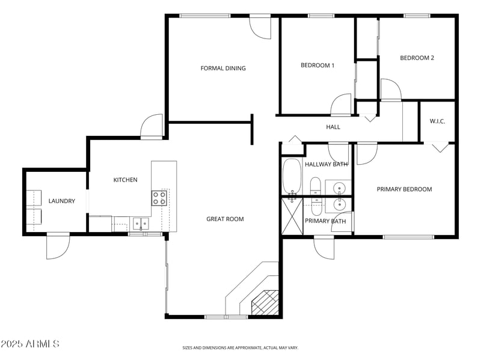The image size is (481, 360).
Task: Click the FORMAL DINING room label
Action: [223, 69]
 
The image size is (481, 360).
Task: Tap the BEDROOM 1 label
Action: [317, 66]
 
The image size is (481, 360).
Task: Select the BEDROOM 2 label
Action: [417, 58]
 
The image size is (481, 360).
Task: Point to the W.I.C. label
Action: [437, 121]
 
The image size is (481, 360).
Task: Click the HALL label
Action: [333, 127]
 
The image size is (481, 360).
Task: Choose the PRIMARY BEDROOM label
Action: [404, 189]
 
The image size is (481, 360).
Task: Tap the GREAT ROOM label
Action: [225, 219]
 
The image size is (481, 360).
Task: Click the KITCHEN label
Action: [126, 180]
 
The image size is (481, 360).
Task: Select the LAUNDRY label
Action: [62, 201]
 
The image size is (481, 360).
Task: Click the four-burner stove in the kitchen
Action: [159, 198]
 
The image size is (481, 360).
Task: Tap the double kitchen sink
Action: [141, 223]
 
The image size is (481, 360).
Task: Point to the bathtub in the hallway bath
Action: [292, 176]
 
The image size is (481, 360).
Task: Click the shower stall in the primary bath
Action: [292, 216]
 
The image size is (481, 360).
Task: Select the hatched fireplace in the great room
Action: [265, 302]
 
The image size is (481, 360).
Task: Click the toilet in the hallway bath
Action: [315, 186]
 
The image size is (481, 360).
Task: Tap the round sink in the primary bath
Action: [339, 204]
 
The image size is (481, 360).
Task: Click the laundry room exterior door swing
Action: [58, 246]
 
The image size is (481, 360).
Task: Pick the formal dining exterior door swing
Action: [260, 27]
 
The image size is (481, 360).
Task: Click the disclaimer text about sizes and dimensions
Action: [240, 348]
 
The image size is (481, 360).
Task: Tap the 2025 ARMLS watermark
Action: [29, 344]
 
